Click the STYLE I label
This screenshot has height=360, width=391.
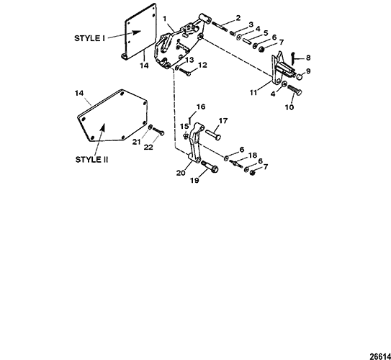tap(89, 38)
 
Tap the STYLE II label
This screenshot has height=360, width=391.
tap(91, 160)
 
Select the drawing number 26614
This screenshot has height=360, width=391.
tap(380, 356)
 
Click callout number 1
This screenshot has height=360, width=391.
tap(164, 19)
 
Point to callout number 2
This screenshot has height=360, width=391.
tap(238, 18)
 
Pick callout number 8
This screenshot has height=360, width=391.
tap(308, 58)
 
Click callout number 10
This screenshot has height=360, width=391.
tap(289, 107)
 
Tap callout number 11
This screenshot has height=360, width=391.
tap(253, 93)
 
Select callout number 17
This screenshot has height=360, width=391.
tap(223, 121)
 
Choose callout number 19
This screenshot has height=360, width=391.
tap(194, 180)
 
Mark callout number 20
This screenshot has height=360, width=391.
tap(181, 173)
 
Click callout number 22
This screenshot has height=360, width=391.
tap(148, 147)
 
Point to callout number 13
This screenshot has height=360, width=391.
tap(189, 60)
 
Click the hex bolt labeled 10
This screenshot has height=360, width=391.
tap(295, 90)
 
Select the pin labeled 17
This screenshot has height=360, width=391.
tap(213, 135)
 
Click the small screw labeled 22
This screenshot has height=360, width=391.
tap(158, 131)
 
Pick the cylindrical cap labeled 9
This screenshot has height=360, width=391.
tap(300, 76)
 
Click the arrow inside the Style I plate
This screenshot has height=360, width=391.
tap(133, 32)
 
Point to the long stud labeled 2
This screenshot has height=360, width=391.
tap(220, 26)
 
